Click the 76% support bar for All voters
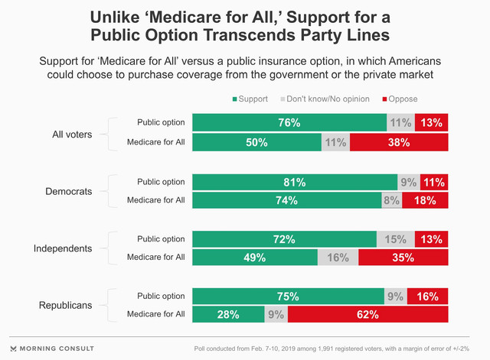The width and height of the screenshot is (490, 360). [x=289, y=122]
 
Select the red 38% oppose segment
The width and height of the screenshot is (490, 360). [x=399, y=142]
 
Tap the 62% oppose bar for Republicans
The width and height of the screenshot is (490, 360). [x=367, y=314]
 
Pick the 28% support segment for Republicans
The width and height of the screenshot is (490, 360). [x=228, y=314]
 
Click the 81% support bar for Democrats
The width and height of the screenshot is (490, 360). [x=295, y=182]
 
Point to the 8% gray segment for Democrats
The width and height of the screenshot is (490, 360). [x=392, y=200]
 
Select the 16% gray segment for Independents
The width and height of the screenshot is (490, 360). [x=338, y=258]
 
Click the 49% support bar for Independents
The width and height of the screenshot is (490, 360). [x=255, y=258]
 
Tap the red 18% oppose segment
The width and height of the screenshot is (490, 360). [x=425, y=200]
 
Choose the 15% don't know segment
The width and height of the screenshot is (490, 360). [x=396, y=239]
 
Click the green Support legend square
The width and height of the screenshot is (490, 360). [x=235, y=99]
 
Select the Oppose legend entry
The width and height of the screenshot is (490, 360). [x=400, y=99]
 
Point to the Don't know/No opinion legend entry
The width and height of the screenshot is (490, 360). [x=325, y=99]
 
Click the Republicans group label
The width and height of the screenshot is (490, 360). [x=65, y=305]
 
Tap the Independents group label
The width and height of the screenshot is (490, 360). [x=63, y=248]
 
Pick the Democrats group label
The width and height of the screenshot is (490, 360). [x=69, y=191]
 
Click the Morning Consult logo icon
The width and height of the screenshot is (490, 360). [x=13, y=349]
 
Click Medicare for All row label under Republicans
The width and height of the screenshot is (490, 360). [x=156, y=314]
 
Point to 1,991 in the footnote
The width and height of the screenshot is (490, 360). [x=326, y=349]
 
